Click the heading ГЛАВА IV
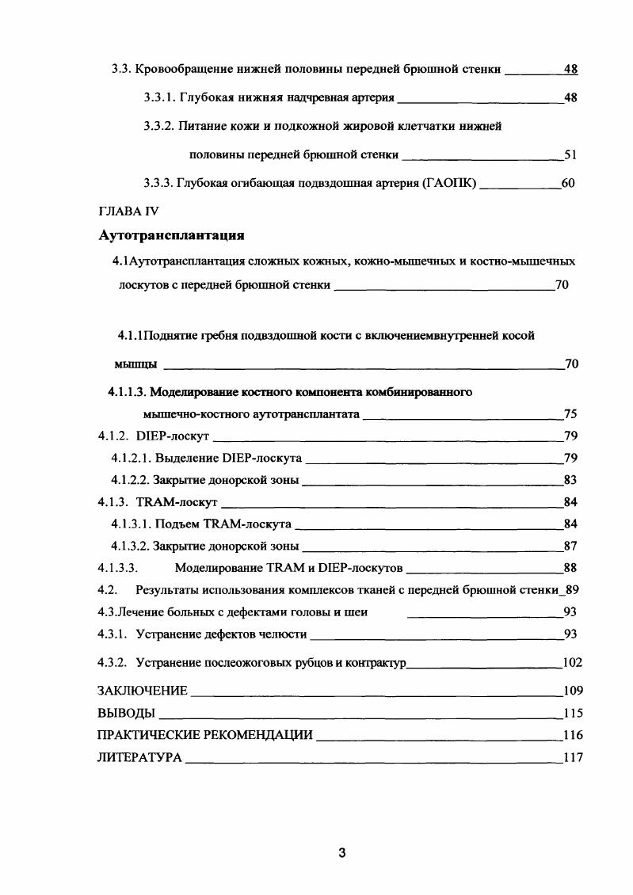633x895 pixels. click(128, 212)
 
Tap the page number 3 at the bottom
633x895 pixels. click(341, 853)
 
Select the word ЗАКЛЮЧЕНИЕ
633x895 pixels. click(142, 690)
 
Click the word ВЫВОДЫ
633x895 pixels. click(125, 712)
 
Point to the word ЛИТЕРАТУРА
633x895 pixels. click(139, 757)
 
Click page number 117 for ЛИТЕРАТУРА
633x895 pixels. click(572, 757)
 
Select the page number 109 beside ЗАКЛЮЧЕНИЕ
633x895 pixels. click(572, 690)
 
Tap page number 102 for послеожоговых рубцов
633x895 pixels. click(572, 662)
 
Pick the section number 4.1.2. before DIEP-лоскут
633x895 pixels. click(114, 436)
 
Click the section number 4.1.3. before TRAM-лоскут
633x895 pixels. click(114, 501)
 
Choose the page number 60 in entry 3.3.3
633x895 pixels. click(567, 183)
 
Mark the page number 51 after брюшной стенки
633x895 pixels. click(570, 154)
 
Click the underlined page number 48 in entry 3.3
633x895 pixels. click(570, 69)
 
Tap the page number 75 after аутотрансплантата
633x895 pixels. click(570, 413)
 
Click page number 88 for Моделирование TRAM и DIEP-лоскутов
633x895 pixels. click(570, 567)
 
